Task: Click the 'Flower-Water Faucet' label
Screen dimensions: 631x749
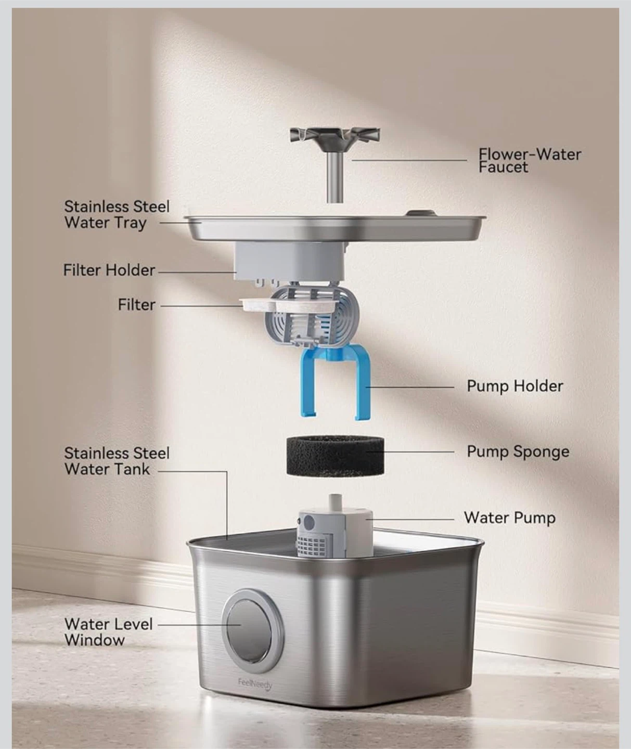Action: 530,160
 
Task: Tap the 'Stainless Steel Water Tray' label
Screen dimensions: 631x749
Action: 117,215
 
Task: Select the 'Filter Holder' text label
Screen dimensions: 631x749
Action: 109,270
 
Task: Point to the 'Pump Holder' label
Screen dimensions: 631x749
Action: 515,386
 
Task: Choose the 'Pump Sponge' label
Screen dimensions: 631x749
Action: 518,451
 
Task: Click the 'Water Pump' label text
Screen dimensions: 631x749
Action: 509,518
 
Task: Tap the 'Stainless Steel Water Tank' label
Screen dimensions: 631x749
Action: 117,461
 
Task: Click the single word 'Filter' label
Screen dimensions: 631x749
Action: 137,305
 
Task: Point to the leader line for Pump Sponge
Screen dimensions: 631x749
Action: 410,451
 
